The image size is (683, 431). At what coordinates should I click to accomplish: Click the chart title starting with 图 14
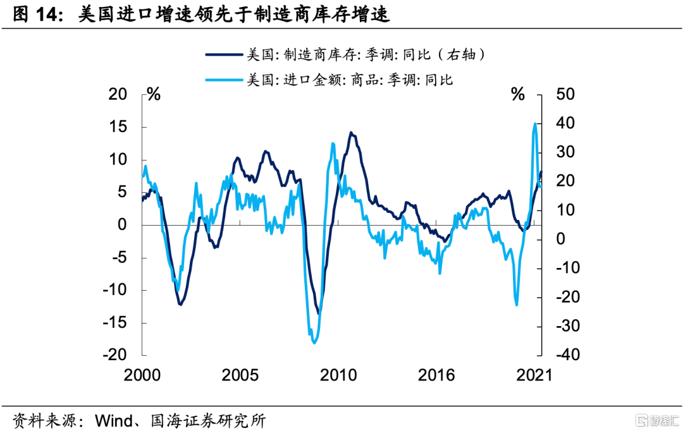pyautogui.click(x=201, y=15)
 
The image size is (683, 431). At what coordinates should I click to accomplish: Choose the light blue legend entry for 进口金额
pyautogui.click(x=329, y=80)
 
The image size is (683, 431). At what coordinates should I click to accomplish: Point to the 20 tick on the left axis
pyautogui.click(x=118, y=95)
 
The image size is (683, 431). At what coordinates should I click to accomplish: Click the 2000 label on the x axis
pyautogui.click(x=142, y=375)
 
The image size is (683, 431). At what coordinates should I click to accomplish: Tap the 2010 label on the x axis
pyautogui.click(x=339, y=375)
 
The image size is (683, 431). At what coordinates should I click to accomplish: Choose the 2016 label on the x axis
pyautogui.click(x=436, y=375)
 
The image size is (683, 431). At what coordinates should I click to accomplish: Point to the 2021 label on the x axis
pyautogui.click(x=534, y=375)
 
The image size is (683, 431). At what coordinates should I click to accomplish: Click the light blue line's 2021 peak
pyautogui.click(x=535, y=123)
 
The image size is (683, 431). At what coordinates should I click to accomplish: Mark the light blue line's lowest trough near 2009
pyautogui.click(x=314, y=343)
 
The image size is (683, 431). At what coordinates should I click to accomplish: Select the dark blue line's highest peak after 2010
pyautogui.click(x=351, y=133)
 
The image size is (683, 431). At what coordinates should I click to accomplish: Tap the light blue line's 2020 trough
pyautogui.click(x=517, y=305)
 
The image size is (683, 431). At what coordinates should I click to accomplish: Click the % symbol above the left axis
pyautogui.click(x=154, y=95)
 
